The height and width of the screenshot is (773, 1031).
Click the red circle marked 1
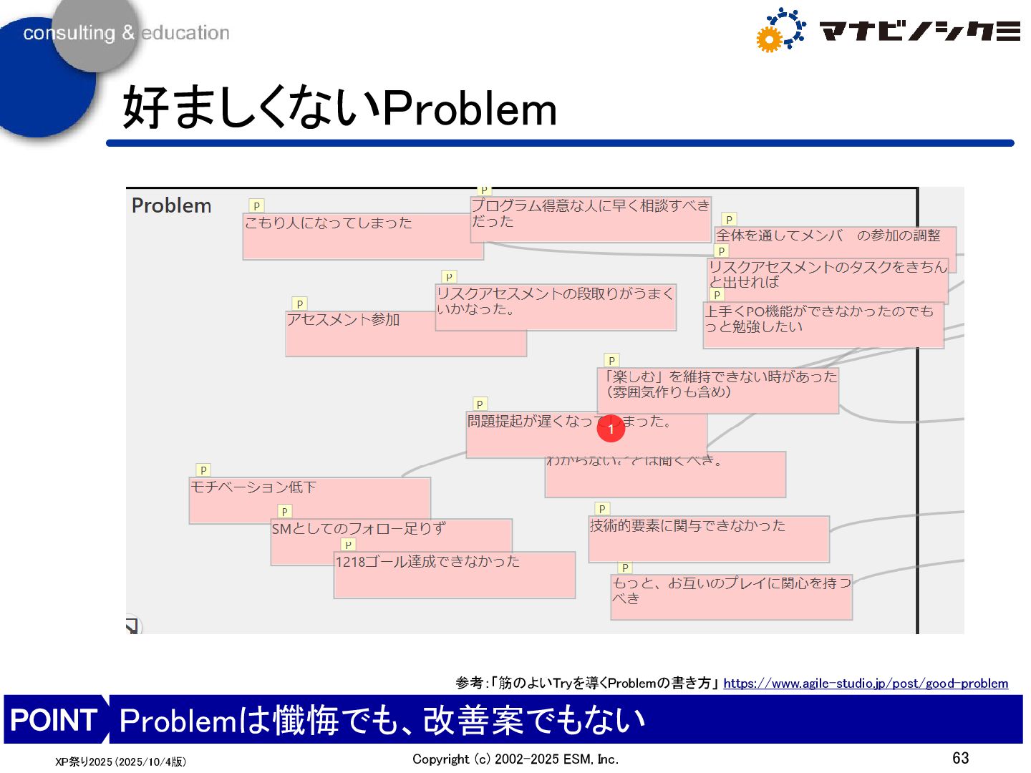(x=611, y=429)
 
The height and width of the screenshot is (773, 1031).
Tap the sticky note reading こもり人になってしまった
(x=344, y=236)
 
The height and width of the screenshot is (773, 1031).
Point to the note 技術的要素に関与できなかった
(x=708, y=538)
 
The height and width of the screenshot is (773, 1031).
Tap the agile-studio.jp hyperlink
(x=865, y=684)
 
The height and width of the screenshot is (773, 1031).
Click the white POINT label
(x=54, y=719)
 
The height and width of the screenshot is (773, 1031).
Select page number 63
(x=960, y=758)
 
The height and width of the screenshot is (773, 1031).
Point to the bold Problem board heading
(x=171, y=205)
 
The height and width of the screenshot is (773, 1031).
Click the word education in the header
(x=185, y=33)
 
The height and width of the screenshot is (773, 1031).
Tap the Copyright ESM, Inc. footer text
(x=515, y=759)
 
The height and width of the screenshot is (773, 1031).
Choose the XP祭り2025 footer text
(x=120, y=762)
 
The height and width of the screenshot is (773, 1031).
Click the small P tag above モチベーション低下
(x=203, y=470)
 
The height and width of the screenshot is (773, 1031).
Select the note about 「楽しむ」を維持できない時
(x=717, y=391)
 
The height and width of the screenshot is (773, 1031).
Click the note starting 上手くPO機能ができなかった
(x=823, y=326)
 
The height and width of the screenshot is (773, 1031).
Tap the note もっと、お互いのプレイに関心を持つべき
(x=731, y=597)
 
